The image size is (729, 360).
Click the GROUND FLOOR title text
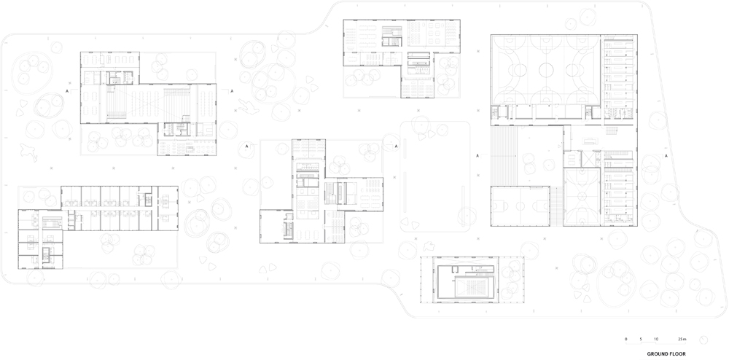click(x=666, y=354)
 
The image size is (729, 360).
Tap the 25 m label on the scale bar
click(x=681, y=338)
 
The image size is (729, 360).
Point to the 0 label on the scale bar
click(x=625, y=338)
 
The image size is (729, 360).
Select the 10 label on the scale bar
click(x=655, y=338)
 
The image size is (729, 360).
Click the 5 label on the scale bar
click(x=641, y=338)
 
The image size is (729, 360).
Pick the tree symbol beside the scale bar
click(x=703, y=340)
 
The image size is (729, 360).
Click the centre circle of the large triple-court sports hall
click(x=546, y=70)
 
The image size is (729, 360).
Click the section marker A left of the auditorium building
click(x=67, y=92)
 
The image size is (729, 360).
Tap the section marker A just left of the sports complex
click(x=477, y=156)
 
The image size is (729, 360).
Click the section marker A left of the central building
click(x=247, y=146)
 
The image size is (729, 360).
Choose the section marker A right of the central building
click(x=396, y=146)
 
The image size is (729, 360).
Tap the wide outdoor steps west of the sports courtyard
click(x=504, y=157)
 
